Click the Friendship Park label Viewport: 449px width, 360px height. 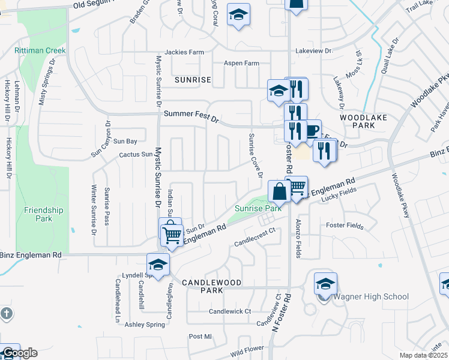click(x=43, y=214)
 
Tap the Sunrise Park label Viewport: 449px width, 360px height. click(x=258, y=208)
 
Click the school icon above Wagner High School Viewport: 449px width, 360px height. click(x=325, y=284)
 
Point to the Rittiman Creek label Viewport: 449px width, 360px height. click(x=40, y=50)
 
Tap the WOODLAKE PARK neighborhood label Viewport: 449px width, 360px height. click(x=363, y=122)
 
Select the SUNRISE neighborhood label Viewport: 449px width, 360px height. click(x=193, y=80)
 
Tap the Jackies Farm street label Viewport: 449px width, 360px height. click(x=184, y=52)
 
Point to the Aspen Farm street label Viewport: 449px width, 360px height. click(x=241, y=63)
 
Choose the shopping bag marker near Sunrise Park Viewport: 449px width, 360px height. click(x=280, y=191)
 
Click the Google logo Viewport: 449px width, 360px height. click(x=19, y=353)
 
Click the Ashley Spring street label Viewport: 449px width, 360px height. click(x=145, y=325)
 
